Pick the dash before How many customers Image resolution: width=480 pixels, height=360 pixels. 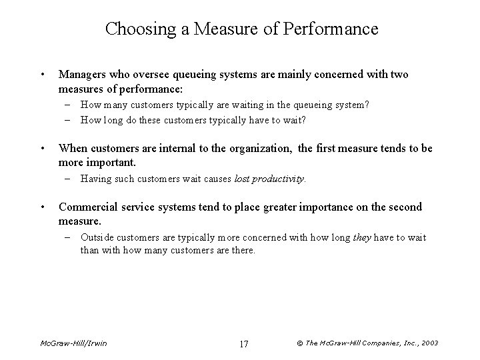70,104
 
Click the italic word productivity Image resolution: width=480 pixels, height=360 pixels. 279,179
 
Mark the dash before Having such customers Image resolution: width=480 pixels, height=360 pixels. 70,179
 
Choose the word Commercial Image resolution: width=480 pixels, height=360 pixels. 89,207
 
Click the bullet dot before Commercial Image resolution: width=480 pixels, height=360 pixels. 42,207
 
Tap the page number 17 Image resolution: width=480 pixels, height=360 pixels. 243,343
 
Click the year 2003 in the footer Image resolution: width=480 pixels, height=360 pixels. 427,343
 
